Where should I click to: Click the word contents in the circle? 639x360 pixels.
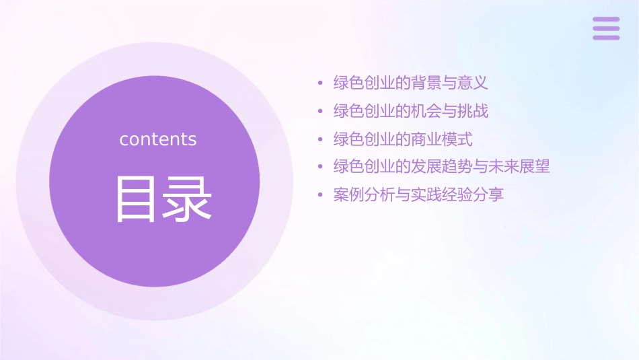[x=158, y=139]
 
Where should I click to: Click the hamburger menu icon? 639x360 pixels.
[x=606, y=28]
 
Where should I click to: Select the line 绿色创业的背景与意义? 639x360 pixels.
[x=410, y=83]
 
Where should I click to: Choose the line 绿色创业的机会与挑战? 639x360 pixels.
[x=410, y=111]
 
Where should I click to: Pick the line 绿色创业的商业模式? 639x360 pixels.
[x=402, y=139]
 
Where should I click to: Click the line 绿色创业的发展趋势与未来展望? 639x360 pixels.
[x=441, y=166]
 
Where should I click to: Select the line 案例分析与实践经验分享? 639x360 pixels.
[x=418, y=195]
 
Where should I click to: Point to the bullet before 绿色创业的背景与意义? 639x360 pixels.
[x=320, y=84]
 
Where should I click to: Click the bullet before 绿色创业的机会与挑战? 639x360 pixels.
[x=320, y=112]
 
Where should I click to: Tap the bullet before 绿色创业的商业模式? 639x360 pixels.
[x=320, y=140]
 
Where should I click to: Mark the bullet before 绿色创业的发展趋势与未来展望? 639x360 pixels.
[x=320, y=167]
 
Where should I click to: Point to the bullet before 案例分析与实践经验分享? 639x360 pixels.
[x=320, y=196]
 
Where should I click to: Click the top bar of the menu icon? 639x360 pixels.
[x=606, y=20]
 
